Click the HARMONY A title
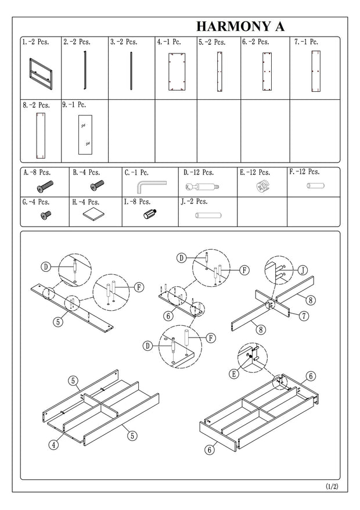coord(240,26)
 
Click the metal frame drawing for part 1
coord(41,74)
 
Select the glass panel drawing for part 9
coord(85,135)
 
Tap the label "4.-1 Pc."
coord(169,42)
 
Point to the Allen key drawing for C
coord(151,186)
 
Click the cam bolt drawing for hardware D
coord(202,187)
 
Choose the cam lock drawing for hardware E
coord(264,186)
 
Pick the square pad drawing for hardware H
coord(94,214)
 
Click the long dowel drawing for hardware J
coord(208,216)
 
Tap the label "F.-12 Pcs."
coord(304,172)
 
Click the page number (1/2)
coord(332,487)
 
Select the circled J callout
coord(303,270)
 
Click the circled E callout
coord(233,374)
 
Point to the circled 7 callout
coord(304,315)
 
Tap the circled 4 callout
coord(53,444)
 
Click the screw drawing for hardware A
coord(45,186)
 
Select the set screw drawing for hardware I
coord(150,214)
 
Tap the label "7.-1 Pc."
coord(306,42)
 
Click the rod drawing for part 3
coord(131,71)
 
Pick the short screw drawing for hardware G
coord(46,215)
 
